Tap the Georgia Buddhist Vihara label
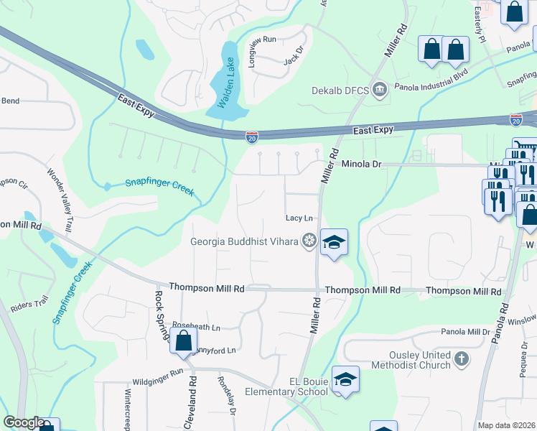[x=244, y=241]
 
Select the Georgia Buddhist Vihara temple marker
[x=309, y=241]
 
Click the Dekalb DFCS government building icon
[x=380, y=90]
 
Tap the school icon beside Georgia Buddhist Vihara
[x=334, y=243]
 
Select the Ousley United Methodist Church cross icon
[x=461, y=358]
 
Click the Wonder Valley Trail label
[x=60, y=200]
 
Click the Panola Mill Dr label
[x=464, y=333]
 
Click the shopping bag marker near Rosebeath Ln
[x=184, y=340]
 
